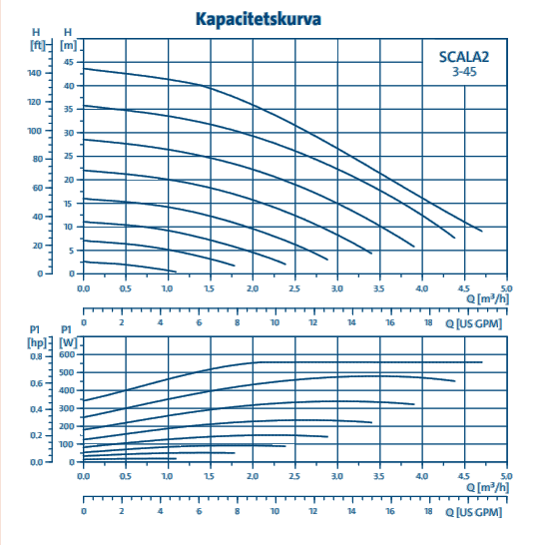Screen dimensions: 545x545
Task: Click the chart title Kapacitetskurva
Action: [x=259, y=19]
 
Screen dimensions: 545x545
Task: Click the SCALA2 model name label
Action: [x=464, y=57]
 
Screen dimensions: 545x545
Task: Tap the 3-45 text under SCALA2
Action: [x=464, y=72]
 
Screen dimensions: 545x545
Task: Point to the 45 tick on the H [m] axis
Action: [x=69, y=62]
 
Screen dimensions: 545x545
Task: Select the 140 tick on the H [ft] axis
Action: [x=34, y=73]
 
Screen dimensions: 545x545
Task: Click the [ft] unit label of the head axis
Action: [x=38, y=45]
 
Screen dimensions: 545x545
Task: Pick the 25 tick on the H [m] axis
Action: [x=69, y=156]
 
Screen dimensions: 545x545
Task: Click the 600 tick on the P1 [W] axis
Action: [x=67, y=354]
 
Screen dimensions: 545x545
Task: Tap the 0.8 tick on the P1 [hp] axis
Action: [x=36, y=356]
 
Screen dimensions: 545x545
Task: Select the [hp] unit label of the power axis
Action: [x=37, y=343]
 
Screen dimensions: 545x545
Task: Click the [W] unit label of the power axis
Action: [x=68, y=343]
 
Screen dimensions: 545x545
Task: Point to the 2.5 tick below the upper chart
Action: [x=294, y=288]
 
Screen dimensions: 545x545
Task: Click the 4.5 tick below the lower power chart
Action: [x=464, y=476]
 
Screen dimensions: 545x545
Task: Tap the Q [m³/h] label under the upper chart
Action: [x=487, y=298]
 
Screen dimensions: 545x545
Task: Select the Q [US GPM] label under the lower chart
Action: [x=474, y=512]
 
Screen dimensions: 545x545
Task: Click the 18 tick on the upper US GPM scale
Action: [x=428, y=322]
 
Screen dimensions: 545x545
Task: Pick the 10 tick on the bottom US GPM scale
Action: [x=274, y=511]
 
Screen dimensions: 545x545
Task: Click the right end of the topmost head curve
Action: [x=482, y=231]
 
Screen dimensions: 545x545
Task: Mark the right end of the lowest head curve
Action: [x=176, y=272]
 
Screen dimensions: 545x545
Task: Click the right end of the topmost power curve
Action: [x=482, y=362]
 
